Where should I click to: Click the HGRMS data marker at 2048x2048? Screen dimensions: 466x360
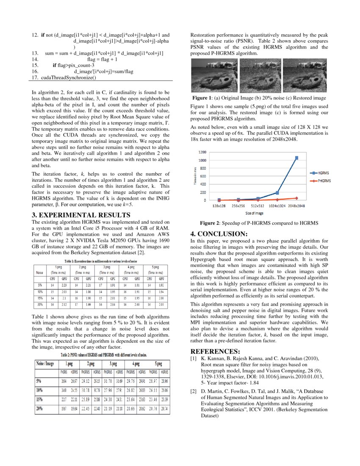pyautogui.click(x=296, y=158)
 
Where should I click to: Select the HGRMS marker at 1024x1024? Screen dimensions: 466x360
pyautogui.click(x=277, y=193)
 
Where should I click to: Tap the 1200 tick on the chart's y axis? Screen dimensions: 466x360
pyautogui.click(x=202, y=152)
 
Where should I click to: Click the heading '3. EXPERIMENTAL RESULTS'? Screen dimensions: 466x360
pyautogui.click(x=80, y=215)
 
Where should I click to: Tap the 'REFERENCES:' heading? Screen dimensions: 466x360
pyautogui.click(x=215, y=352)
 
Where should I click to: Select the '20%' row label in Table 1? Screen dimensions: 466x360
pyautogui.click(x=40, y=304)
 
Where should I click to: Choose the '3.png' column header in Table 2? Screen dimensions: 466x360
pyautogui.click(x=114, y=363)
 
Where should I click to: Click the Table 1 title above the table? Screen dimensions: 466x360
pyautogui.click(x=101, y=261)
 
